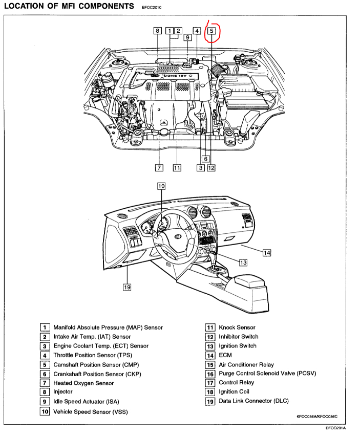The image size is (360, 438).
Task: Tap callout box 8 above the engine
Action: (158, 30)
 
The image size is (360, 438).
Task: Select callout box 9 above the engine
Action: (188, 37)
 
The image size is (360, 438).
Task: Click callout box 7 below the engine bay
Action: (160, 167)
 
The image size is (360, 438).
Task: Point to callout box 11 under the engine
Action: (177, 167)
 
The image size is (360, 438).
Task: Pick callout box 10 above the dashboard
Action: (161, 186)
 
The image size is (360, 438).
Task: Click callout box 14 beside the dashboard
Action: (267, 252)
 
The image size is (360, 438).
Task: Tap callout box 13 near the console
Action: (243, 262)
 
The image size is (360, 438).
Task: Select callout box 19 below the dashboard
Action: (126, 287)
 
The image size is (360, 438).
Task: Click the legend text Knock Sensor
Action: (237, 327)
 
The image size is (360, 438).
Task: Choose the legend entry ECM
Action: (225, 355)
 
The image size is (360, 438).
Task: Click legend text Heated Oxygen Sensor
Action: (83, 383)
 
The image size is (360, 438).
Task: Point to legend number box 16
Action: (210, 374)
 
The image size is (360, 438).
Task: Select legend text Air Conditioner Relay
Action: (246, 364)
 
